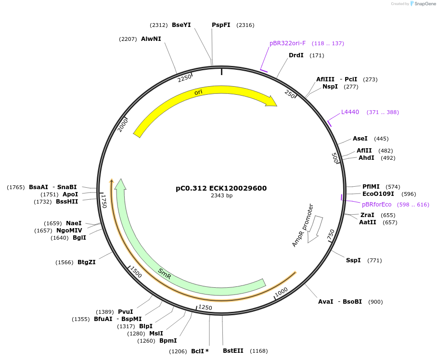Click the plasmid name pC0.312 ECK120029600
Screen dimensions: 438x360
click(x=221, y=188)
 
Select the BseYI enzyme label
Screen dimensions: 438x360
click(x=181, y=25)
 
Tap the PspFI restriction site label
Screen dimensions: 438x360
click(x=221, y=25)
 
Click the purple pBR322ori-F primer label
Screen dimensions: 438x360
click(x=287, y=43)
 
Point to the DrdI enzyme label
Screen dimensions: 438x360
click(x=296, y=55)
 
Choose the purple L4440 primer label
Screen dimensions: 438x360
click(x=350, y=112)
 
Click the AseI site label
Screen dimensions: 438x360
click(x=360, y=139)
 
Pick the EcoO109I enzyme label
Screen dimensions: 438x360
click(x=378, y=194)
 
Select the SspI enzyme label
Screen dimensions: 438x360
click(x=353, y=260)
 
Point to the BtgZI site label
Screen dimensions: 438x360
click(x=87, y=262)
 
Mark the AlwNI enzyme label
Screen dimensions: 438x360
click(x=151, y=39)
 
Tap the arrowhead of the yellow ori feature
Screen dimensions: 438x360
click(x=272, y=101)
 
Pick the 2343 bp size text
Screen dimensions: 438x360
click(x=221, y=196)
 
